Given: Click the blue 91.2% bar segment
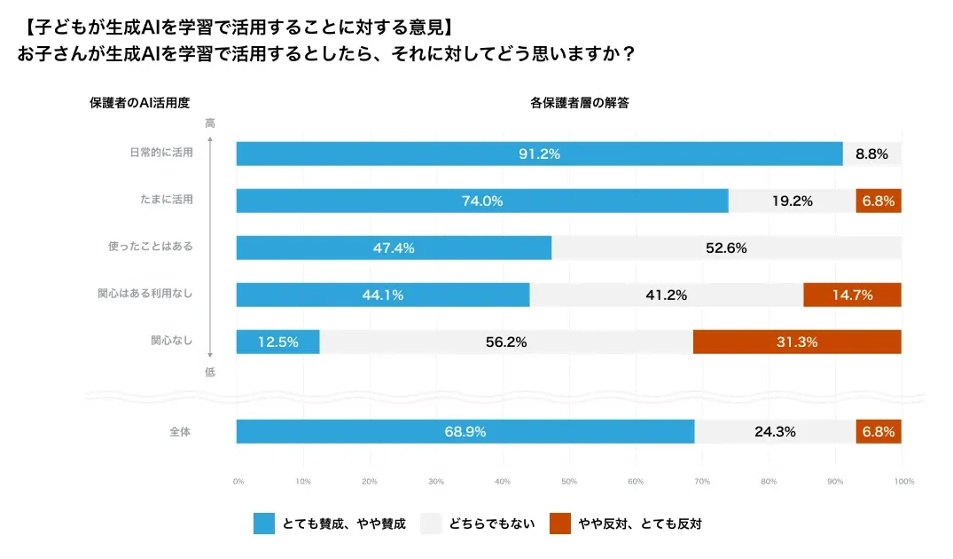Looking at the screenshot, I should [x=539, y=154].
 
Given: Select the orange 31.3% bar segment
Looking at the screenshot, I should [x=796, y=342].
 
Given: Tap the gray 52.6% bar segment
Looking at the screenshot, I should [x=726, y=248].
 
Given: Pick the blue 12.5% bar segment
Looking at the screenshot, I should [x=277, y=342].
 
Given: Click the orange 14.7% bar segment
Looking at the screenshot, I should [x=851, y=295].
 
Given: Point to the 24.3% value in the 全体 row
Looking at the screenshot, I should [x=774, y=432].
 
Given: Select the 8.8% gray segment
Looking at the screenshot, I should [x=871, y=154].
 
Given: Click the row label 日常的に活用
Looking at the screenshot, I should [x=160, y=153].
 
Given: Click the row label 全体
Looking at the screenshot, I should [x=181, y=432].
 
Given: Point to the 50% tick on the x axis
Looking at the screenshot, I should [x=569, y=481].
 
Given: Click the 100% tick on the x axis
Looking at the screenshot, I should [x=903, y=481].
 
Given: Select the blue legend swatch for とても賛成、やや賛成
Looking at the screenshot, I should [x=263, y=524].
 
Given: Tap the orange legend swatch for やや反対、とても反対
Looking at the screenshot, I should [x=559, y=524].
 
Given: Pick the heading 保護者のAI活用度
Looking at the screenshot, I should [x=140, y=102].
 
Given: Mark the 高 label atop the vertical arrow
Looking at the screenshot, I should [x=210, y=123].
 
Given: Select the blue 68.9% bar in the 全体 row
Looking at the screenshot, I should [x=465, y=432].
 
